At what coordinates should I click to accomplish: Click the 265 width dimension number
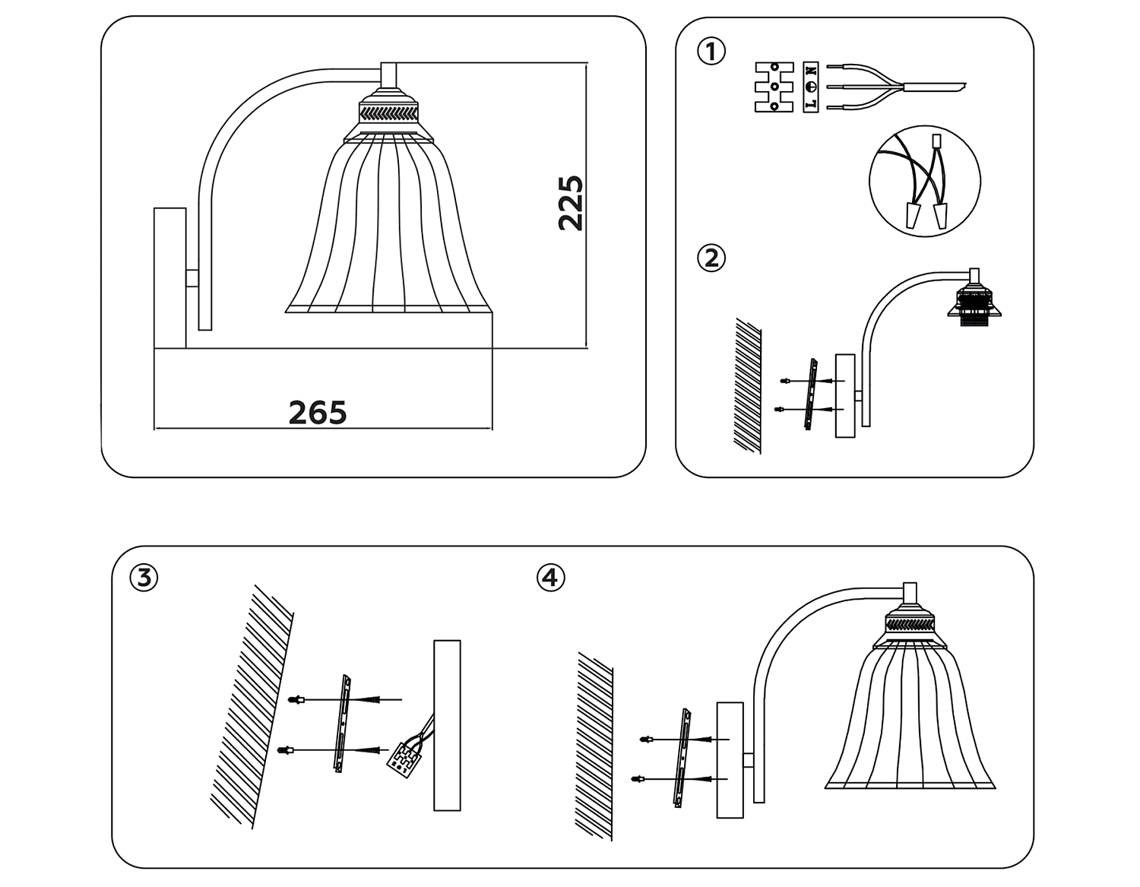click(x=318, y=412)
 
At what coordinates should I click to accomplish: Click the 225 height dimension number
click(x=571, y=203)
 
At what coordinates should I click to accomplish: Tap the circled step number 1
click(x=711, y=52)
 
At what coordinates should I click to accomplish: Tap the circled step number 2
click(x=711, y=258)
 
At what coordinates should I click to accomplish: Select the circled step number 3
click(x=144, y=578)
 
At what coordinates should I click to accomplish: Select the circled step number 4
click(x=551, y=578)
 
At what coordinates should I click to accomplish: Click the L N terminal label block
click(x=811, y=87)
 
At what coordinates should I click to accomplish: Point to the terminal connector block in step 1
click(x=774, y=87)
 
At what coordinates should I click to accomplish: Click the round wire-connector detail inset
click(x=925, y=181)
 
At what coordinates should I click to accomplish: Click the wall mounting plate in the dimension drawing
click(x=170, y=278)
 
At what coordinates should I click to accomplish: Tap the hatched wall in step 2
click(x=748, y=386)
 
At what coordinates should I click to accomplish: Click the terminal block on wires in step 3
click(x=404, y=758)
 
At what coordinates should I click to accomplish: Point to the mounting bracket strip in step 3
click(x=343, y=724)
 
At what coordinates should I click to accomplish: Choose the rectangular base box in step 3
click(x=447, y=725)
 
